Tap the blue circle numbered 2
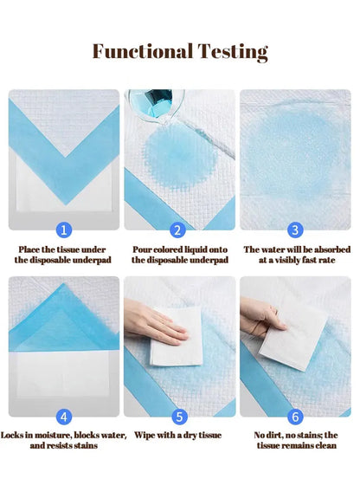click(178, 230)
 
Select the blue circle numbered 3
click(296, 230)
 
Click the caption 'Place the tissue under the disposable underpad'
click(63, 254)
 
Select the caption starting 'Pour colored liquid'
click(180, 254)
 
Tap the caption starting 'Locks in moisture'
click(63, 440)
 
